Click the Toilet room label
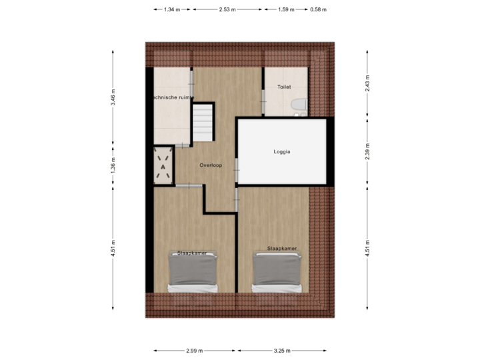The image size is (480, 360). [x=285, y=87]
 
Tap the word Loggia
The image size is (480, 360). [x=282, y=151]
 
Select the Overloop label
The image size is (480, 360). [x=210, y=164]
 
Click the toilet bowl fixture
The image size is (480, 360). [x=299, y=105]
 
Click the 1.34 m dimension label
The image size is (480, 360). [x=172, y=10]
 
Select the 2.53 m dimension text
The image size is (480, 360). [x=227, y=10]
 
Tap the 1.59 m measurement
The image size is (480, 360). [x=286, y=10]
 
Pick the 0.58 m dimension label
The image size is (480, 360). [x=319, y=10]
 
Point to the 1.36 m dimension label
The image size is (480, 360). [x=113, y=164]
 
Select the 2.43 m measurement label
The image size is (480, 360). [x=366, y=83]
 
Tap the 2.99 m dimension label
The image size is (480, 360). [x=195, y=351]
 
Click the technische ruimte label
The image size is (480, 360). [x=173, y=97]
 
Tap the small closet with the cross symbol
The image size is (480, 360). [x=164, y=165]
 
